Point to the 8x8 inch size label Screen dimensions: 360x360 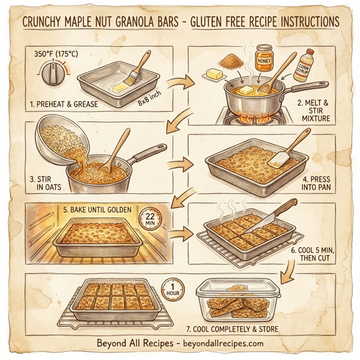click(150, 100)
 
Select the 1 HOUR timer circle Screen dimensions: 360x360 click(173, 289)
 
